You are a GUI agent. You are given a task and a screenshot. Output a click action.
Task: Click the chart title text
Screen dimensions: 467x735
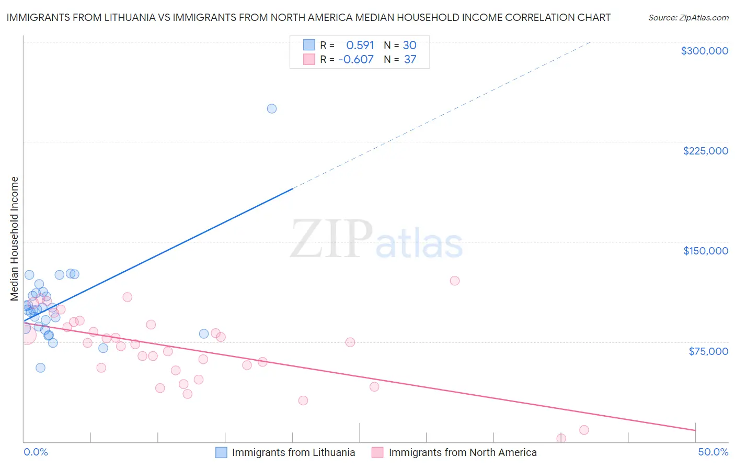coord(308,17)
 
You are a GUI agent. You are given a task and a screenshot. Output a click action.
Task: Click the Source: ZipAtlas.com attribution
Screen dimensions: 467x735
coord(688,18)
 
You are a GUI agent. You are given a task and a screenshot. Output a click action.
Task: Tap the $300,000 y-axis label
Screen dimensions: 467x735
coord(704,51)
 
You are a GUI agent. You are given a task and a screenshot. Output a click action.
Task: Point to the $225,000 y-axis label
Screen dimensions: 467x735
coord(705,151)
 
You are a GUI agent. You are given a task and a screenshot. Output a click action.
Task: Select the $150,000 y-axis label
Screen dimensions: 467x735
coord(705,251)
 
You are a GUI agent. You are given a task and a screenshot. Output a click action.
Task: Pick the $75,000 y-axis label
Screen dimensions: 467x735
coord(708,351)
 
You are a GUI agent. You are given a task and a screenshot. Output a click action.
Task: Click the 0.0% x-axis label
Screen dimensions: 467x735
coord(36,452)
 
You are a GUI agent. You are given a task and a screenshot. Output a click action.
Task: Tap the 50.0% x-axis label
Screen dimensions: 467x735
coord(713,452)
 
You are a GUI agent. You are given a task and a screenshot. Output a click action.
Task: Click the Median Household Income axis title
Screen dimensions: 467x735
coord(15,239)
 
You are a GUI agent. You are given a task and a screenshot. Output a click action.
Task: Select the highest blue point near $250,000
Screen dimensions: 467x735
coord(272,109)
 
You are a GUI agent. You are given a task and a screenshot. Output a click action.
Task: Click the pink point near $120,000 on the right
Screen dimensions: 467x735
coord(455,281)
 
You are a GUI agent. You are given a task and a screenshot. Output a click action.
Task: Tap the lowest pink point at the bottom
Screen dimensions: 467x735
coord(561,438)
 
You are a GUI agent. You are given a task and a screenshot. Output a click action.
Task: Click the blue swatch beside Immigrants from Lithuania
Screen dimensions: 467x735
coord(222,452)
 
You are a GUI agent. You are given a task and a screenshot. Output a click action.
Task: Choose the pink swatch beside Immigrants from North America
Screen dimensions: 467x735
coord(377,452)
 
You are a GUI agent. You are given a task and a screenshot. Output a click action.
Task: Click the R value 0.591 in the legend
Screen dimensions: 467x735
coord(360,46)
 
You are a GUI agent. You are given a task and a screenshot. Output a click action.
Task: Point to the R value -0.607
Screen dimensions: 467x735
coord(356,60)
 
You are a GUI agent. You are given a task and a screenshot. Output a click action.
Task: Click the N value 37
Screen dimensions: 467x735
coord(410,60)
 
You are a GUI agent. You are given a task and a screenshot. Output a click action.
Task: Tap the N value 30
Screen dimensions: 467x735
coord(409,46)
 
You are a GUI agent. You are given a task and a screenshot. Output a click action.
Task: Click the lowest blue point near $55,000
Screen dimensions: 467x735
coord(40,368)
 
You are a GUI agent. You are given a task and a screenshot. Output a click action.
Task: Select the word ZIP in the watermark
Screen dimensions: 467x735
coord(331,240)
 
